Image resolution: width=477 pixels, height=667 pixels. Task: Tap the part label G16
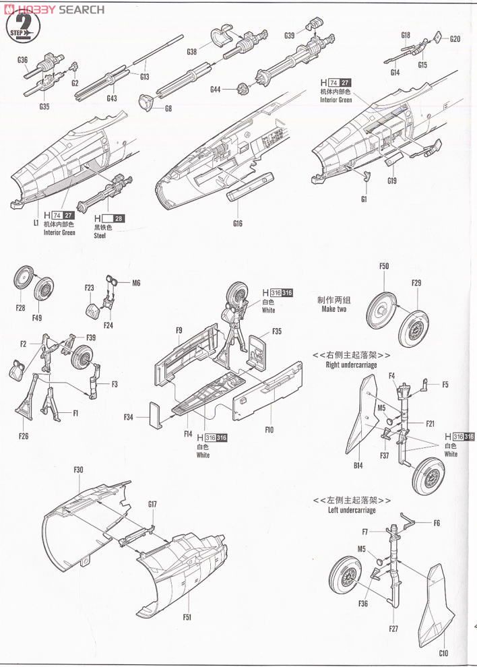pos(236,223)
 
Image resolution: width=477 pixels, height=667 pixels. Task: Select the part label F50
pos(383,265)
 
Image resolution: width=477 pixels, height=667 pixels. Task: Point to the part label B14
pos(357,465)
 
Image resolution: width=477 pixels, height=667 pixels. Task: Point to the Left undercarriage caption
pos(351,509)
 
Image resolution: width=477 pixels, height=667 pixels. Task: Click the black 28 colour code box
pos(119,218)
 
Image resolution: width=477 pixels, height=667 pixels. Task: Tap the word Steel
pos(100,236)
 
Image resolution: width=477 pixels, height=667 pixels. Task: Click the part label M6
pos(136,283)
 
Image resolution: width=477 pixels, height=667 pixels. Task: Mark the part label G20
pos(455,38)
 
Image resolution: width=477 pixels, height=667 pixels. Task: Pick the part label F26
pos(23,436)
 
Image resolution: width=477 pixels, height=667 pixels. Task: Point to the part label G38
pos(192,52)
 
